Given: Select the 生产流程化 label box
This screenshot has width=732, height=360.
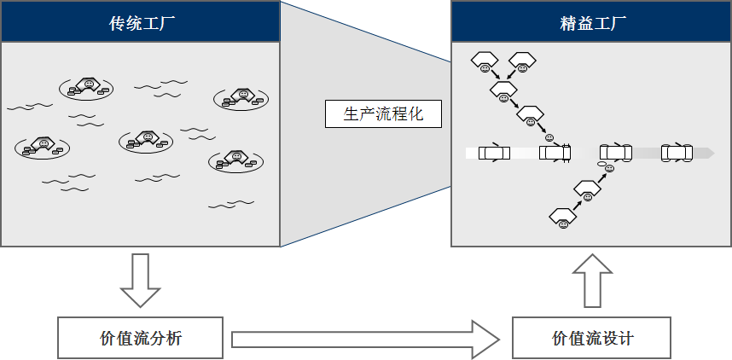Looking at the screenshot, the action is click(383, 113).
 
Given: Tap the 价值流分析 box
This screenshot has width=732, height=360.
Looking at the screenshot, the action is click(140, 338).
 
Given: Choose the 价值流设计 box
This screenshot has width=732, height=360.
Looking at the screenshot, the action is click(591, 338).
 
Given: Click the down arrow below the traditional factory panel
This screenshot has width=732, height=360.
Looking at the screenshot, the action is click(141, 280).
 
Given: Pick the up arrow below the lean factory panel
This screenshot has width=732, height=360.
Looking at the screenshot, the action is click(592, 281).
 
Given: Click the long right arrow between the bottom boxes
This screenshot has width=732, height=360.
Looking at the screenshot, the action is click(365, 340).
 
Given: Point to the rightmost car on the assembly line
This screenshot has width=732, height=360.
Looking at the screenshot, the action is click(677, 153).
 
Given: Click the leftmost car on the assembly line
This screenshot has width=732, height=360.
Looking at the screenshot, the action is click(494, 153).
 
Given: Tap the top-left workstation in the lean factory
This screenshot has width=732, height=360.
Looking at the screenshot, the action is click(485, 61).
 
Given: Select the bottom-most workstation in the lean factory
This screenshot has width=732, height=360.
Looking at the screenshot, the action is click(563, 218).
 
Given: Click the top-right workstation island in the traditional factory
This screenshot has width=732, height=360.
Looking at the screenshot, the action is click(241, 98).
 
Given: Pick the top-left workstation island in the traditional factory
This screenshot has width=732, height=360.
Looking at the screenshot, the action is click(86, 88).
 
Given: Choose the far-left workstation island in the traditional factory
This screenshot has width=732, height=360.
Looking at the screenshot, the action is click(42, 147).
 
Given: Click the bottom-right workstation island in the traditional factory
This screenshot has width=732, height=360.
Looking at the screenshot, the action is click(235, 160).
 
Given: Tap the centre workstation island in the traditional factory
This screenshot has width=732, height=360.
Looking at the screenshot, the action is click(146, 141).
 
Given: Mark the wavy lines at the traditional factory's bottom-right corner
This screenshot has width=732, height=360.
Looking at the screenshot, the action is click(231, 204).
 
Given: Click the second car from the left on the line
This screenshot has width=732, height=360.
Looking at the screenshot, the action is click(555, 153).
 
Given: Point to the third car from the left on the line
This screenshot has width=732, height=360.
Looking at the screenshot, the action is click(616, 153).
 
